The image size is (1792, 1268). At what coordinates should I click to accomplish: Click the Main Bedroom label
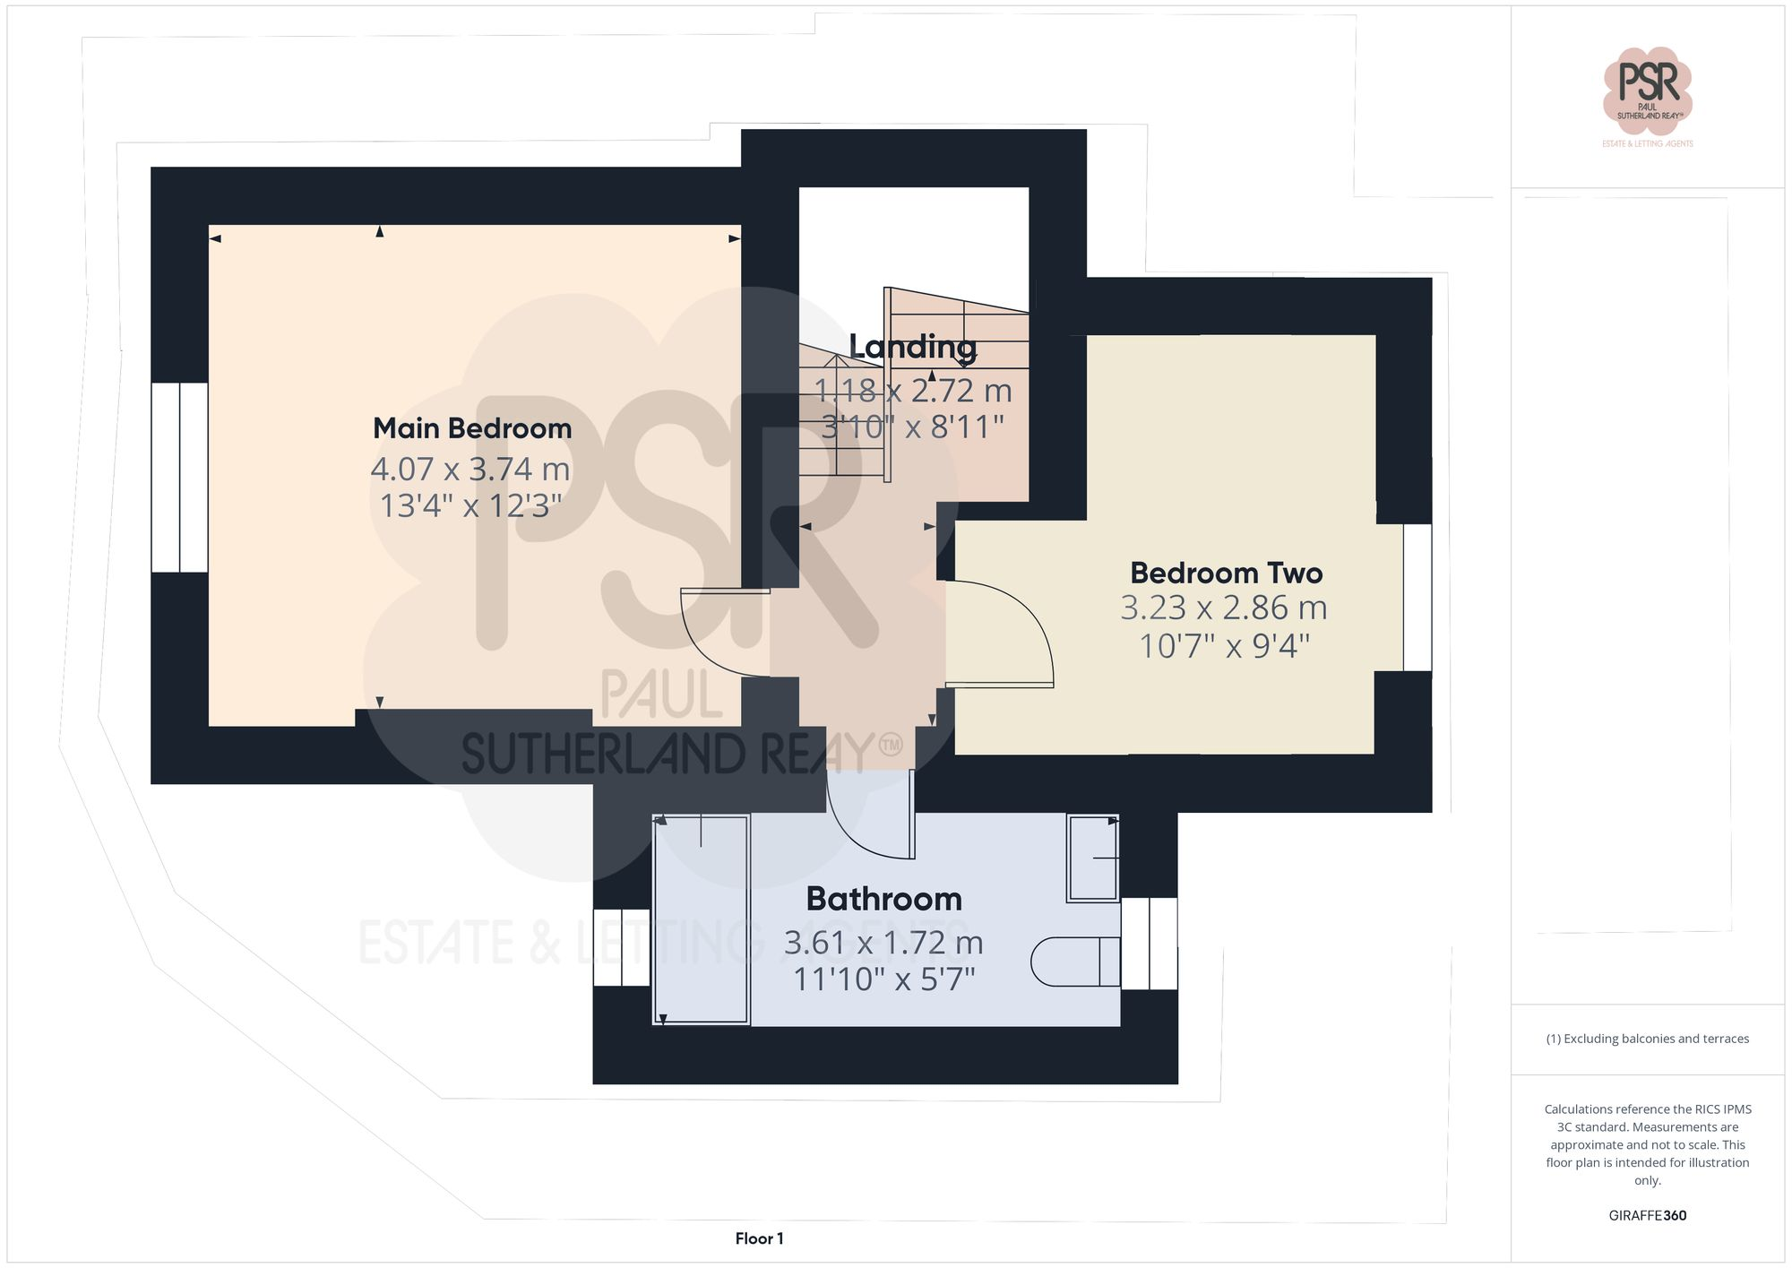[472, 428]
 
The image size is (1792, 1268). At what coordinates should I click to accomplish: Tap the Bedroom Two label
[1226, 573]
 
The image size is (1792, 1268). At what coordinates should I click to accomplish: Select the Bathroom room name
[883, 899]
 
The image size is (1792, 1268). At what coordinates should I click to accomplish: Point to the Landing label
[912, 347]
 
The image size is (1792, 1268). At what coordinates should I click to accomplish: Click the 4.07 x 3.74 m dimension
[470, 469]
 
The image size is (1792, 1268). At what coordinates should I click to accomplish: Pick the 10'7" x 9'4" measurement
[1224, 645]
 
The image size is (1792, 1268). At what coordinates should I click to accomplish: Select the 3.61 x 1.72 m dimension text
[883, 943]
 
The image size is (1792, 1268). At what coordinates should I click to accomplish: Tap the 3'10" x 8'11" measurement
[912, 427]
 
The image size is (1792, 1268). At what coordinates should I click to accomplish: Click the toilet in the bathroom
[1073, 962]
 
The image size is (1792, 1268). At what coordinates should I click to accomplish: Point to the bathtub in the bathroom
[701, 919]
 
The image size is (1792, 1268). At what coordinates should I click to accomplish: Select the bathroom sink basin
[1092, 858]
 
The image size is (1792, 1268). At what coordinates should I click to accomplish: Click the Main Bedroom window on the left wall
[179, 478]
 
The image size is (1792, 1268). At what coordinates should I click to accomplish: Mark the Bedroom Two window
[1417, 597]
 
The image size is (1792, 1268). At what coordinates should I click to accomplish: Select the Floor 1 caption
[759, 1238]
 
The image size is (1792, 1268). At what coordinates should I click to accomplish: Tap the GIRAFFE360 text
[1647, 1215]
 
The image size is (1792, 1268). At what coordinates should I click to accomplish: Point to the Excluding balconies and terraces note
[1647, 1039]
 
